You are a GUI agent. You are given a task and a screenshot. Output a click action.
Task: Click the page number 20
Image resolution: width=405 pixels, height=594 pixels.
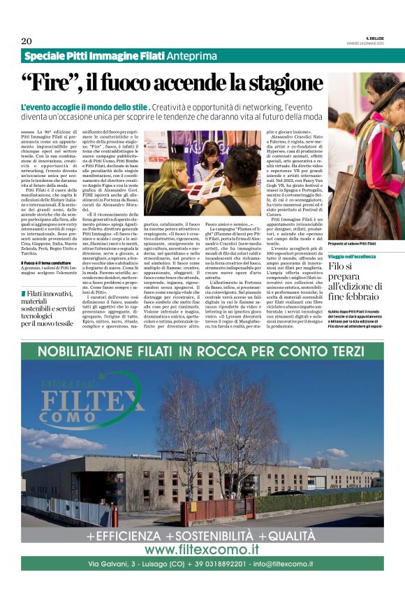click(x=27, y=41)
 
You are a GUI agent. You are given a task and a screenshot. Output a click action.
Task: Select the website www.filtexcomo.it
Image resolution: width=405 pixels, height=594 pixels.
click(x=202, y=549)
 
